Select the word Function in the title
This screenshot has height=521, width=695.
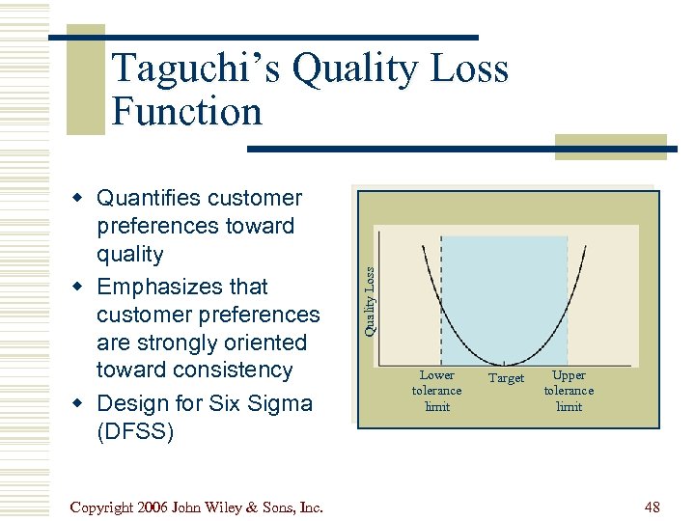click(186, 112)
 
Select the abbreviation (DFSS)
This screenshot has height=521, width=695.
click(136, 431)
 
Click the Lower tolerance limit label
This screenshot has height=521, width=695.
click(437, 391)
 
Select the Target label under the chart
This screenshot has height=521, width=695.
click(506, 378)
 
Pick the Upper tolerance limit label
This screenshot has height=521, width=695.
click(569, 391)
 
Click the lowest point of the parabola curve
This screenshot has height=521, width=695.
click(504, 362)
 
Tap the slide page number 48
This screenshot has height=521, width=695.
click(651, 506)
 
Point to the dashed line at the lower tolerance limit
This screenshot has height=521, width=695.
click(441, 289)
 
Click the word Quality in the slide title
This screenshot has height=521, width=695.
click(355, 69)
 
